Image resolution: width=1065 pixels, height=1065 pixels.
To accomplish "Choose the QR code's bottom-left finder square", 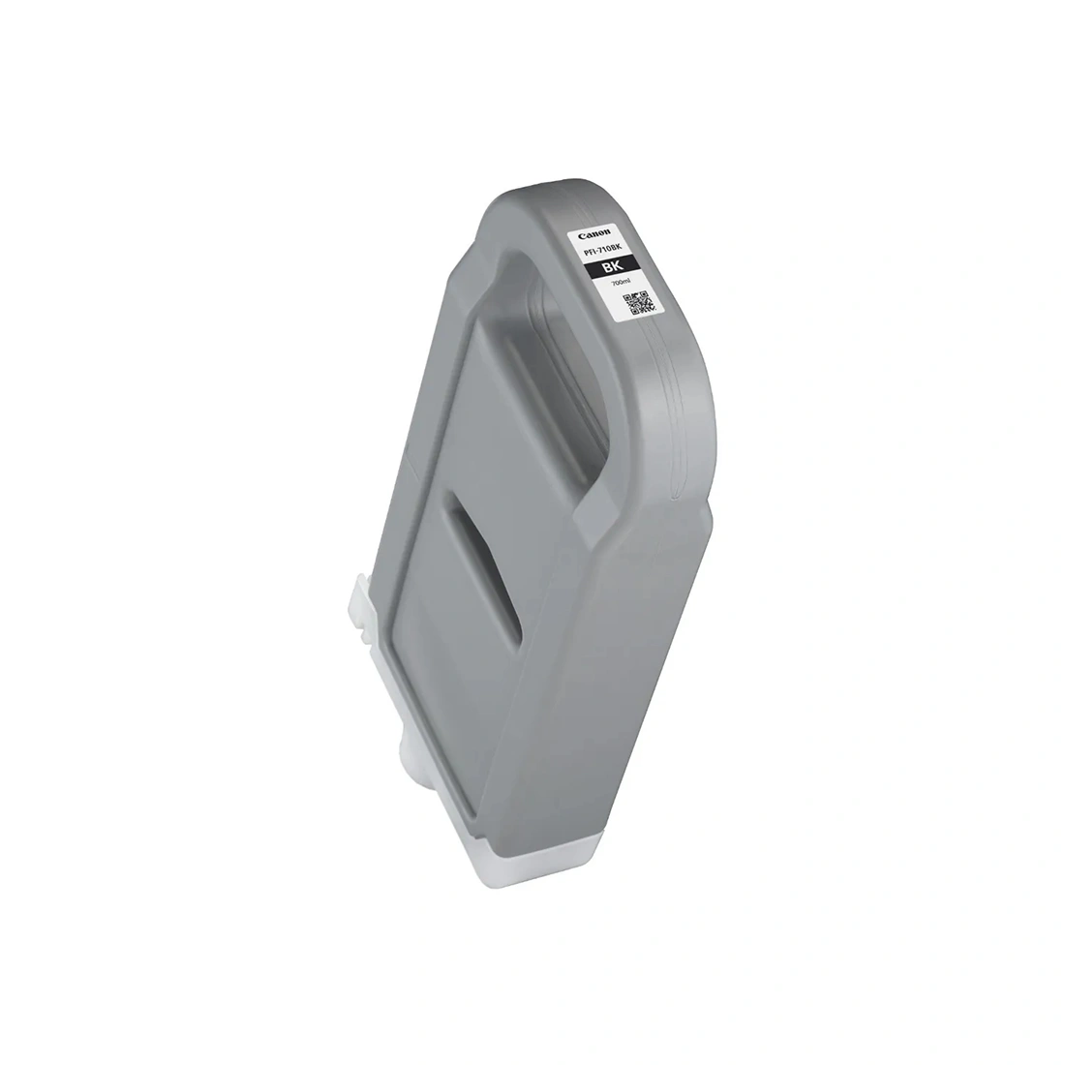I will click(631, 313).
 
